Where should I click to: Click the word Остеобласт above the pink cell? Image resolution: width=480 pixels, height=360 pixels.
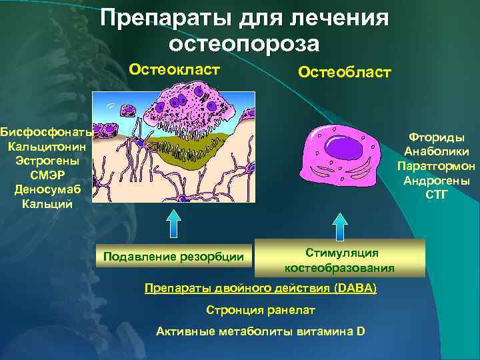tap(345, 72)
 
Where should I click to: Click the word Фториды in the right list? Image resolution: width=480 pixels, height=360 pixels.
tap(437, 137)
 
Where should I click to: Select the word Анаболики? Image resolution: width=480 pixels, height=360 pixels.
tap(437, 151)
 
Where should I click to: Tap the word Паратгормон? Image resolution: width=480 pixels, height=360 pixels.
tap(437, 166)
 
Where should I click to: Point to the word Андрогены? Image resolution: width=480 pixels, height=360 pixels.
tap(437, 181)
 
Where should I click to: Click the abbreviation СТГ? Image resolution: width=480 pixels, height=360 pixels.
tap(437, 195)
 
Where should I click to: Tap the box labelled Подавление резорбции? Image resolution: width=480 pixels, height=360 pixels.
tap(173, 256)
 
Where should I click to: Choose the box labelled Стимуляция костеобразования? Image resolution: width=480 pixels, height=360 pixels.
tap(340, 259)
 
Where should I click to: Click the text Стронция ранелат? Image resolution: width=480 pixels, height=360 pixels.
tap(261, 310)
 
